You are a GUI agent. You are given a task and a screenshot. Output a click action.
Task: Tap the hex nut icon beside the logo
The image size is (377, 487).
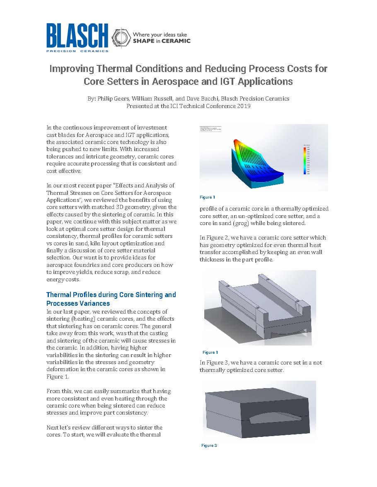pyautogui.click(x=120, y=37)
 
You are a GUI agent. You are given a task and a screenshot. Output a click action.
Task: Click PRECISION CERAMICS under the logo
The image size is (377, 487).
pyautogui.click(x=77, y=51)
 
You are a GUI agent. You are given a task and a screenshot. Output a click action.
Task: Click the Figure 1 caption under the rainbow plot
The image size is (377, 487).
pyautogui.click(x=207, y=197)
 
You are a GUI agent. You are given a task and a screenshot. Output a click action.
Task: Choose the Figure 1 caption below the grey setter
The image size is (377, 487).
pyautogui.click(x=210, y=352)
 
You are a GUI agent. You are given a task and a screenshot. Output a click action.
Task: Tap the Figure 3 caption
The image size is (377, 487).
pyautogui.click(x=209, y=445)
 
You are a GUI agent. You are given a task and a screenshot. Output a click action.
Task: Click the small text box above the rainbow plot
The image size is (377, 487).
pyautogui.click(x=210, y=129)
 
